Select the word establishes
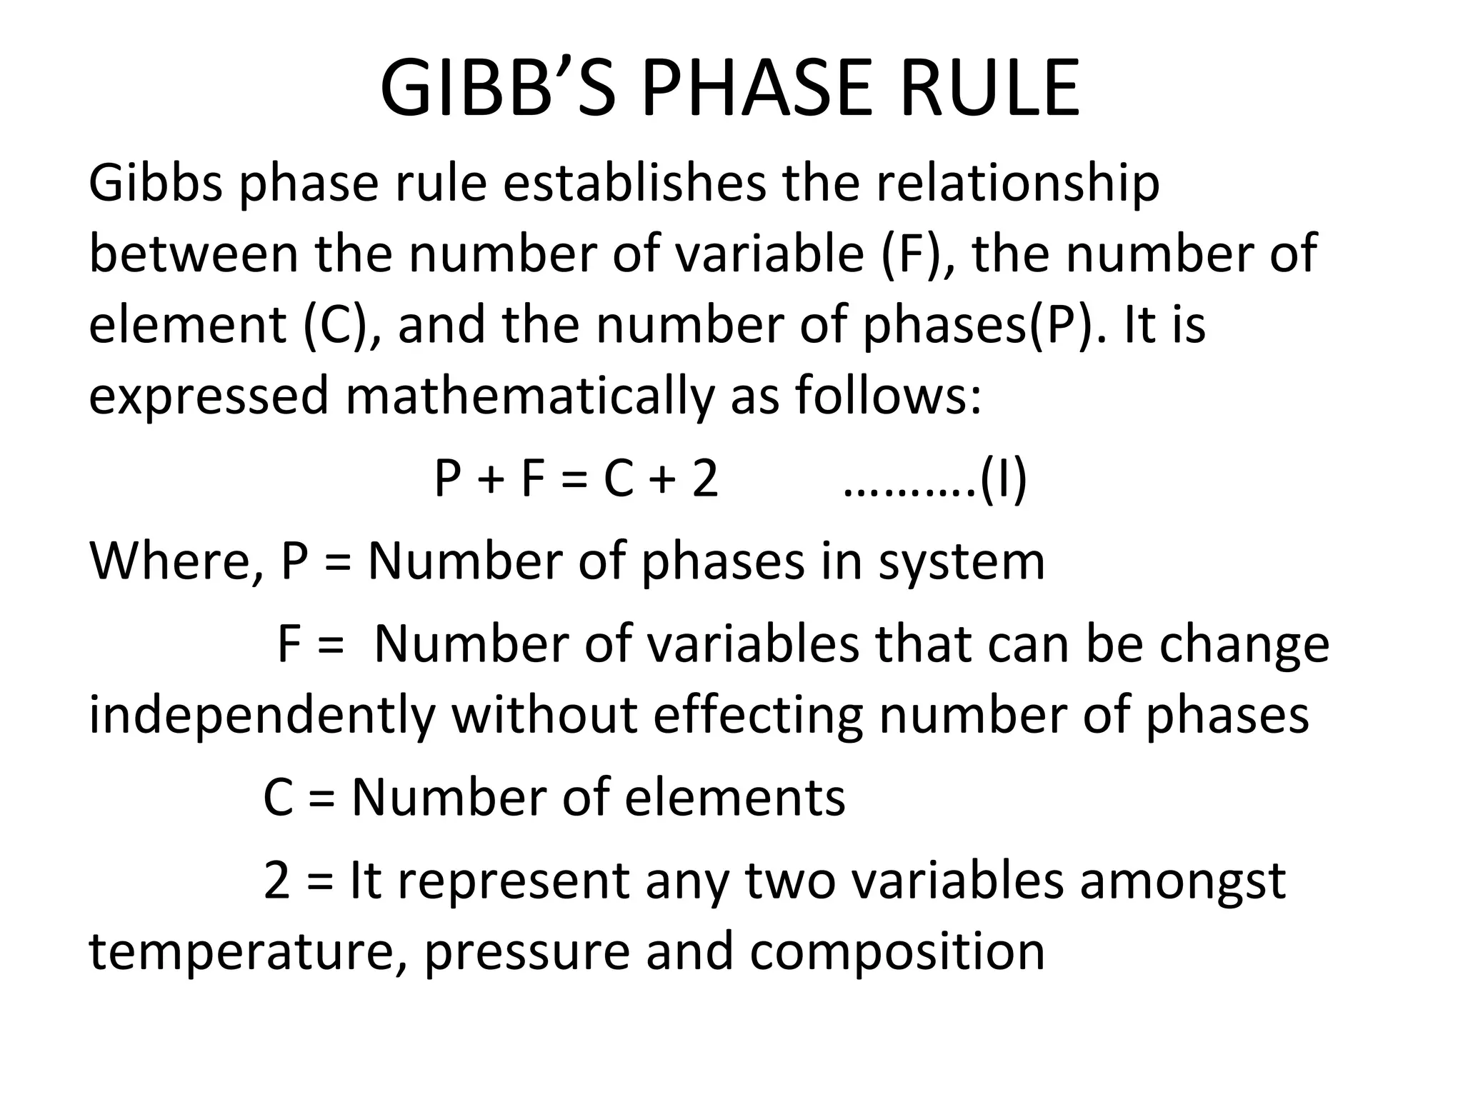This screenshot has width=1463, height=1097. coord(634,184)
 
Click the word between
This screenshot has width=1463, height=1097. coord(193,254)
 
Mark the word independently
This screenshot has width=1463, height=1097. coord(261,716)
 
